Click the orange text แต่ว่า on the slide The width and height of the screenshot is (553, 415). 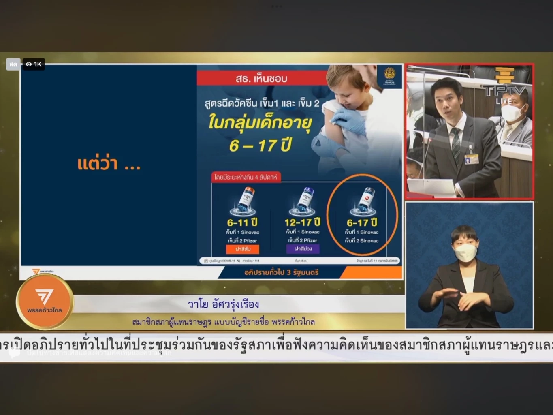tap(98, 164)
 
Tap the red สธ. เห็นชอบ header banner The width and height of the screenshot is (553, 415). tap(262, 78)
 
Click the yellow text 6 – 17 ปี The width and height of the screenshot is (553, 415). tap(260, 145)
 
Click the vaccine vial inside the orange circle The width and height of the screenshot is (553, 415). tap(363, 201)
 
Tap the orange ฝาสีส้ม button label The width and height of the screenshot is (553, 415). tap(243, 249)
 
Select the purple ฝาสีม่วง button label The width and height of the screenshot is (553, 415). tap(303, 248)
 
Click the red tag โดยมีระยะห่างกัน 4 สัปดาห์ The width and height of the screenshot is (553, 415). tap(246, 177)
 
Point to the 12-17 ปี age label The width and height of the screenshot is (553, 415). tap(302, 222)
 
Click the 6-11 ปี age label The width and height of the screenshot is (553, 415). tap(243, 222)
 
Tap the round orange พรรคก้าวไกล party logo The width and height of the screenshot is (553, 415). tap(45, 301)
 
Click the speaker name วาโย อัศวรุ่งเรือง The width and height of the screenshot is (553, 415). tap(223, 304)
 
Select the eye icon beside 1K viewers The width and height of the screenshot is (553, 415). tap(29, 64)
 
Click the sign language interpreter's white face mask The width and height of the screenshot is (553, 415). tap(465, 253)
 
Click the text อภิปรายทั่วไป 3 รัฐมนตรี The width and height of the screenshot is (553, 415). tap(281, 272)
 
